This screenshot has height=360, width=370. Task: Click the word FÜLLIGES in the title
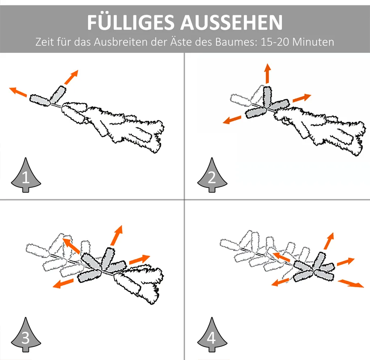click(x=130, y=22)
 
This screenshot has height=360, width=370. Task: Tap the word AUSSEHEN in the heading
click(x=232, y=23)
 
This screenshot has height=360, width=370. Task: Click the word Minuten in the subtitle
click(x=313, y=42)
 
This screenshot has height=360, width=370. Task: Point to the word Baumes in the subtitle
click(x=236, y=42)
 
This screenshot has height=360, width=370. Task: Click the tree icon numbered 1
click(x=26, y=175)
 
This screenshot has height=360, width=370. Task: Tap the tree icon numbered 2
click(x=212, y=175)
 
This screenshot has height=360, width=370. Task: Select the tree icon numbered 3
click(x=26, y=335)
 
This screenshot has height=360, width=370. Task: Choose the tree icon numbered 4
click(x=212, y=335)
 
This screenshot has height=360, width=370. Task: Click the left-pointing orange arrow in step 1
click(x=18, y=92)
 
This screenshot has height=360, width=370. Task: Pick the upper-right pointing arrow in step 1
click(x=71, y=77)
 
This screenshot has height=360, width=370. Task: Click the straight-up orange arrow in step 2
click(x=267, y=73)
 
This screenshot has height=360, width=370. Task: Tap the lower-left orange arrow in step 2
click(x=232, y=120)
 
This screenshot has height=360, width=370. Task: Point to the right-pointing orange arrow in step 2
click(x=302, y=98)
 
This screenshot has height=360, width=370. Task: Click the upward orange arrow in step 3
click(x=117, y=235)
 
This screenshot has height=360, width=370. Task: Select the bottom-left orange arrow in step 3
click(x=63, y=283)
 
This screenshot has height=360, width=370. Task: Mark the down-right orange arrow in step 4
click(x=351, y=283)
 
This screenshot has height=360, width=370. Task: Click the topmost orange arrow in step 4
click(x=329, y=241)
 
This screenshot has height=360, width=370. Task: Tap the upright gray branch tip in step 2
click(x=267, y=97)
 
